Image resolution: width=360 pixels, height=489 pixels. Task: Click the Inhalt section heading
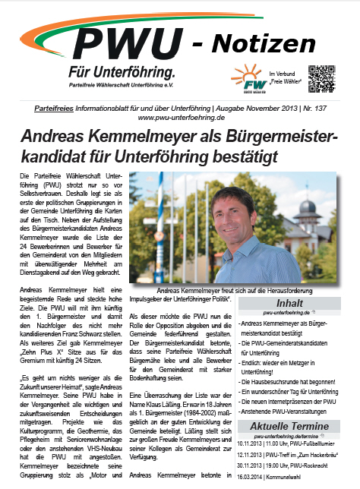click(x=292, y=303)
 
